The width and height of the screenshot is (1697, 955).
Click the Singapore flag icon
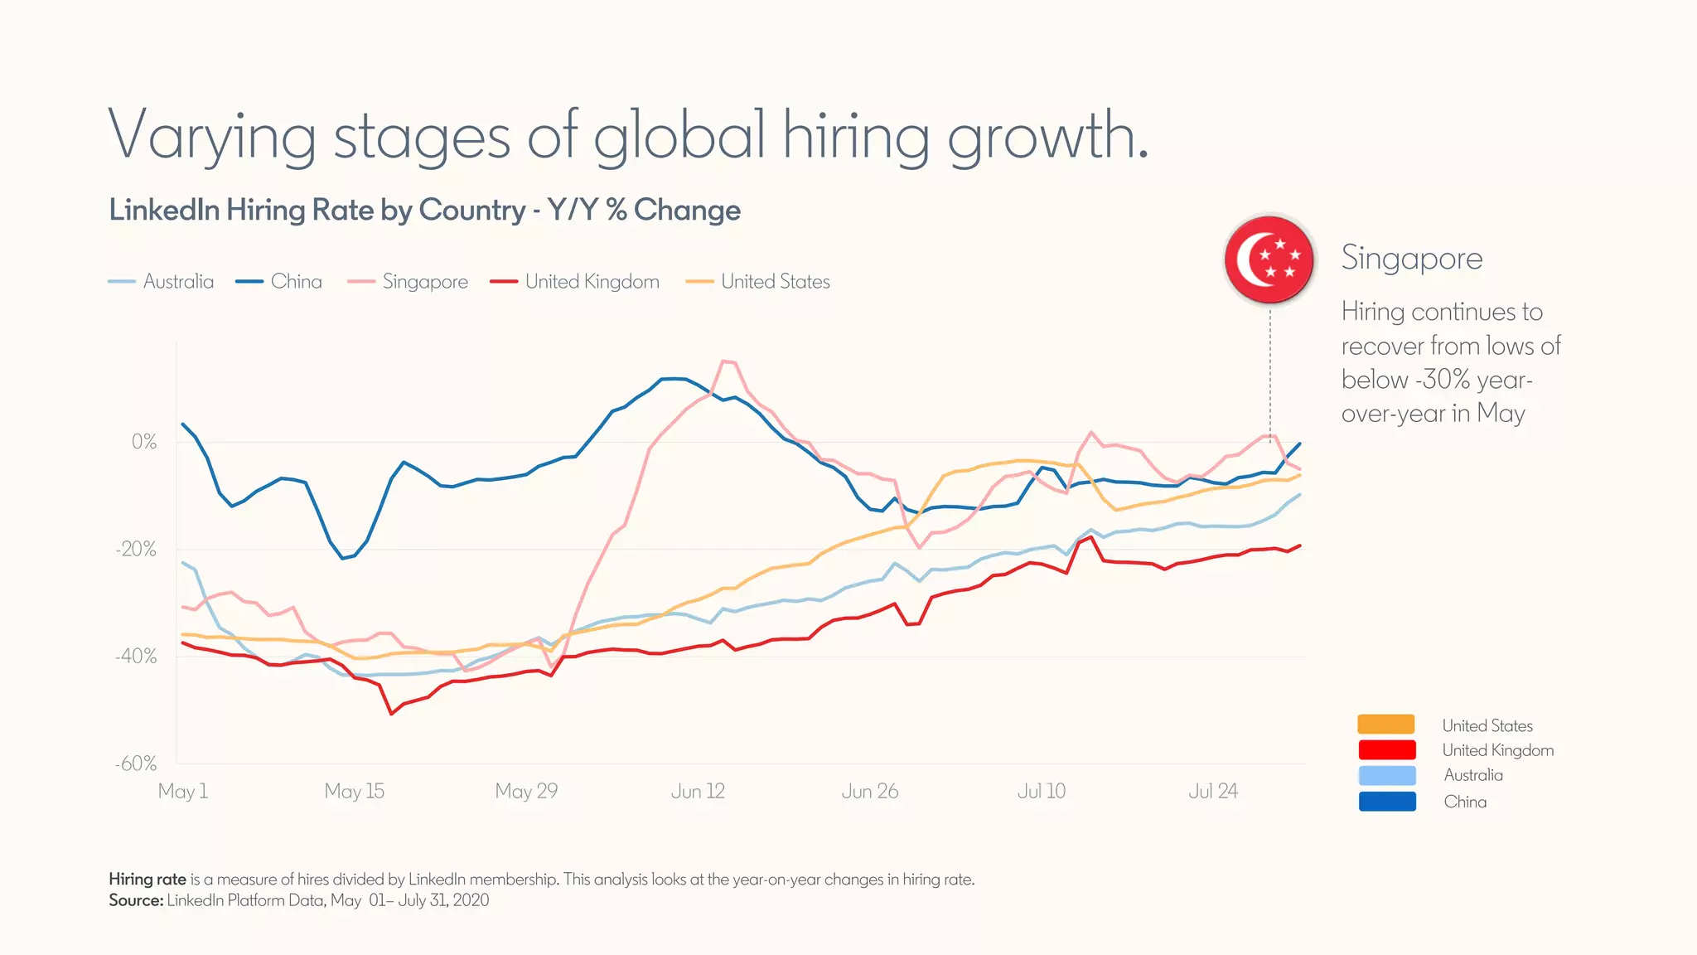(1269, 259)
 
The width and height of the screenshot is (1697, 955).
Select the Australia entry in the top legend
(162, 282)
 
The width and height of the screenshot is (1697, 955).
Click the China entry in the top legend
(279, 282)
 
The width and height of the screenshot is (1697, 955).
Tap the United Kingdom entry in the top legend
(575, 282)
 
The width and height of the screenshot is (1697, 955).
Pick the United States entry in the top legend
(758, 282)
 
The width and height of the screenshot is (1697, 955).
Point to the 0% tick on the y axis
(144, 442)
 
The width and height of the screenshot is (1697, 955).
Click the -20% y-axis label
(137, 550)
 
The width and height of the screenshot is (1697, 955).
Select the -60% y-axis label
(137, 764)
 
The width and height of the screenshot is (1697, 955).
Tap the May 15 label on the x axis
(354, 791)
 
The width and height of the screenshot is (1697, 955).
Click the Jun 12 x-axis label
(698, 791)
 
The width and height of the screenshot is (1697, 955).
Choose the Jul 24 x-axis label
(1212, 791)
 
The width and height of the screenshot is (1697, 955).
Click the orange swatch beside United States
(1386, 725)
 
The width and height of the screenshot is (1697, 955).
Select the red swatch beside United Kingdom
(1386, 749)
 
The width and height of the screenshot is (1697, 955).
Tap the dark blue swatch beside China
(1386, 802)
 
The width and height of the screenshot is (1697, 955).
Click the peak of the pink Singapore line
(724, 361)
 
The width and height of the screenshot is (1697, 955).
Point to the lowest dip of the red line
(391, 714)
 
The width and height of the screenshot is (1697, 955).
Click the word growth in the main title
(1047, 137)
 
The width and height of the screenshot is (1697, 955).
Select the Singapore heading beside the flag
(1412, 258)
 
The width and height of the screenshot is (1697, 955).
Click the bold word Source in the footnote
(135, 900)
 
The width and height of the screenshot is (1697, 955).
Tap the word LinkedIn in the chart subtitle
(165, 211)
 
